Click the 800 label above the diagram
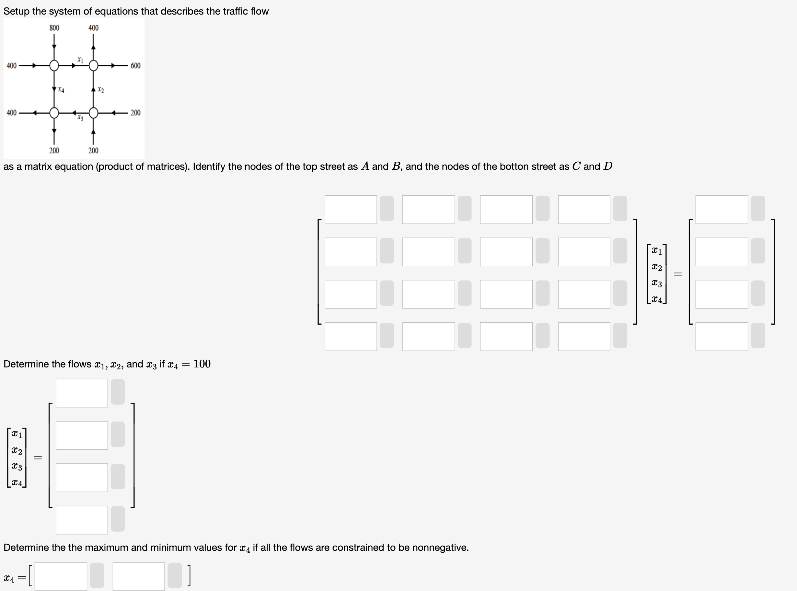pyautogui.click(x=54, y=28)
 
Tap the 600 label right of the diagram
pyautogui.click(x=135, y=66)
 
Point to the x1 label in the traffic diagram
pyautogui.click(x=80, y=60)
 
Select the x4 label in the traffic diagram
pyautogui.click(x=61, y=89)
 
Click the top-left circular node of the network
pyautogui.click(x=54, y=66)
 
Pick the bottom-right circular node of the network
pyautogui.click(x=93, y=113)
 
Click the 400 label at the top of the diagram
pyautogui.click(x=93, y=28)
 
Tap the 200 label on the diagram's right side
pyautogui.click(x=135, y=113)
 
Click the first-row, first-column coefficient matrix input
pyautogui.click(x=351, y=210)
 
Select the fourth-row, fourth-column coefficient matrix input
pyautogui.click(x=584, y=337)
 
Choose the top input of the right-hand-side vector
pyautogui.click(x=721, y=210)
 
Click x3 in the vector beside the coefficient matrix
pyautogui.click(x=656, y=283)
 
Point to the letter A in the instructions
pyautogui.click(x=365, y=166)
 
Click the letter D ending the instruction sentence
pyautogui.click(x=608, y=166)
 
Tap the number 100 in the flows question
pyautogui.click(x=202, y=364)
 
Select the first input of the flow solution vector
pyautogui.click(x=82, y=393)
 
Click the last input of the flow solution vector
pyautogui.click(x=82, y=520)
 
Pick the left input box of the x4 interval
pyautogui.click(x=61, y=576)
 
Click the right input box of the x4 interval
pyautogui.click(x=138, y=576)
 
